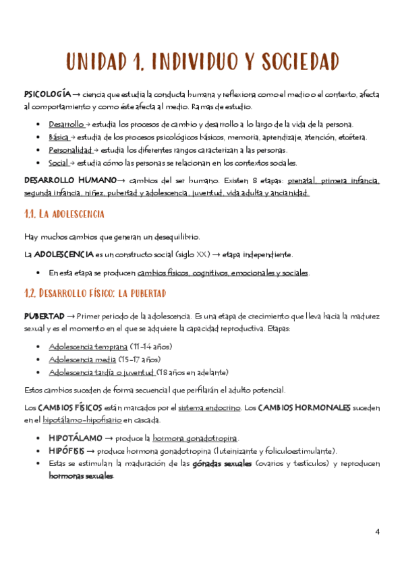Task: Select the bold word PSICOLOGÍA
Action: tap(47, 95)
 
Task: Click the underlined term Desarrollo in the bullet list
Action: tap(65, 125)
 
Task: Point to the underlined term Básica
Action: tap(59, 137)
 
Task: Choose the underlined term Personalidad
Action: tap(70, 150)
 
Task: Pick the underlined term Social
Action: tap(60, 163)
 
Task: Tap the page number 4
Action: tap(378, 532)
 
